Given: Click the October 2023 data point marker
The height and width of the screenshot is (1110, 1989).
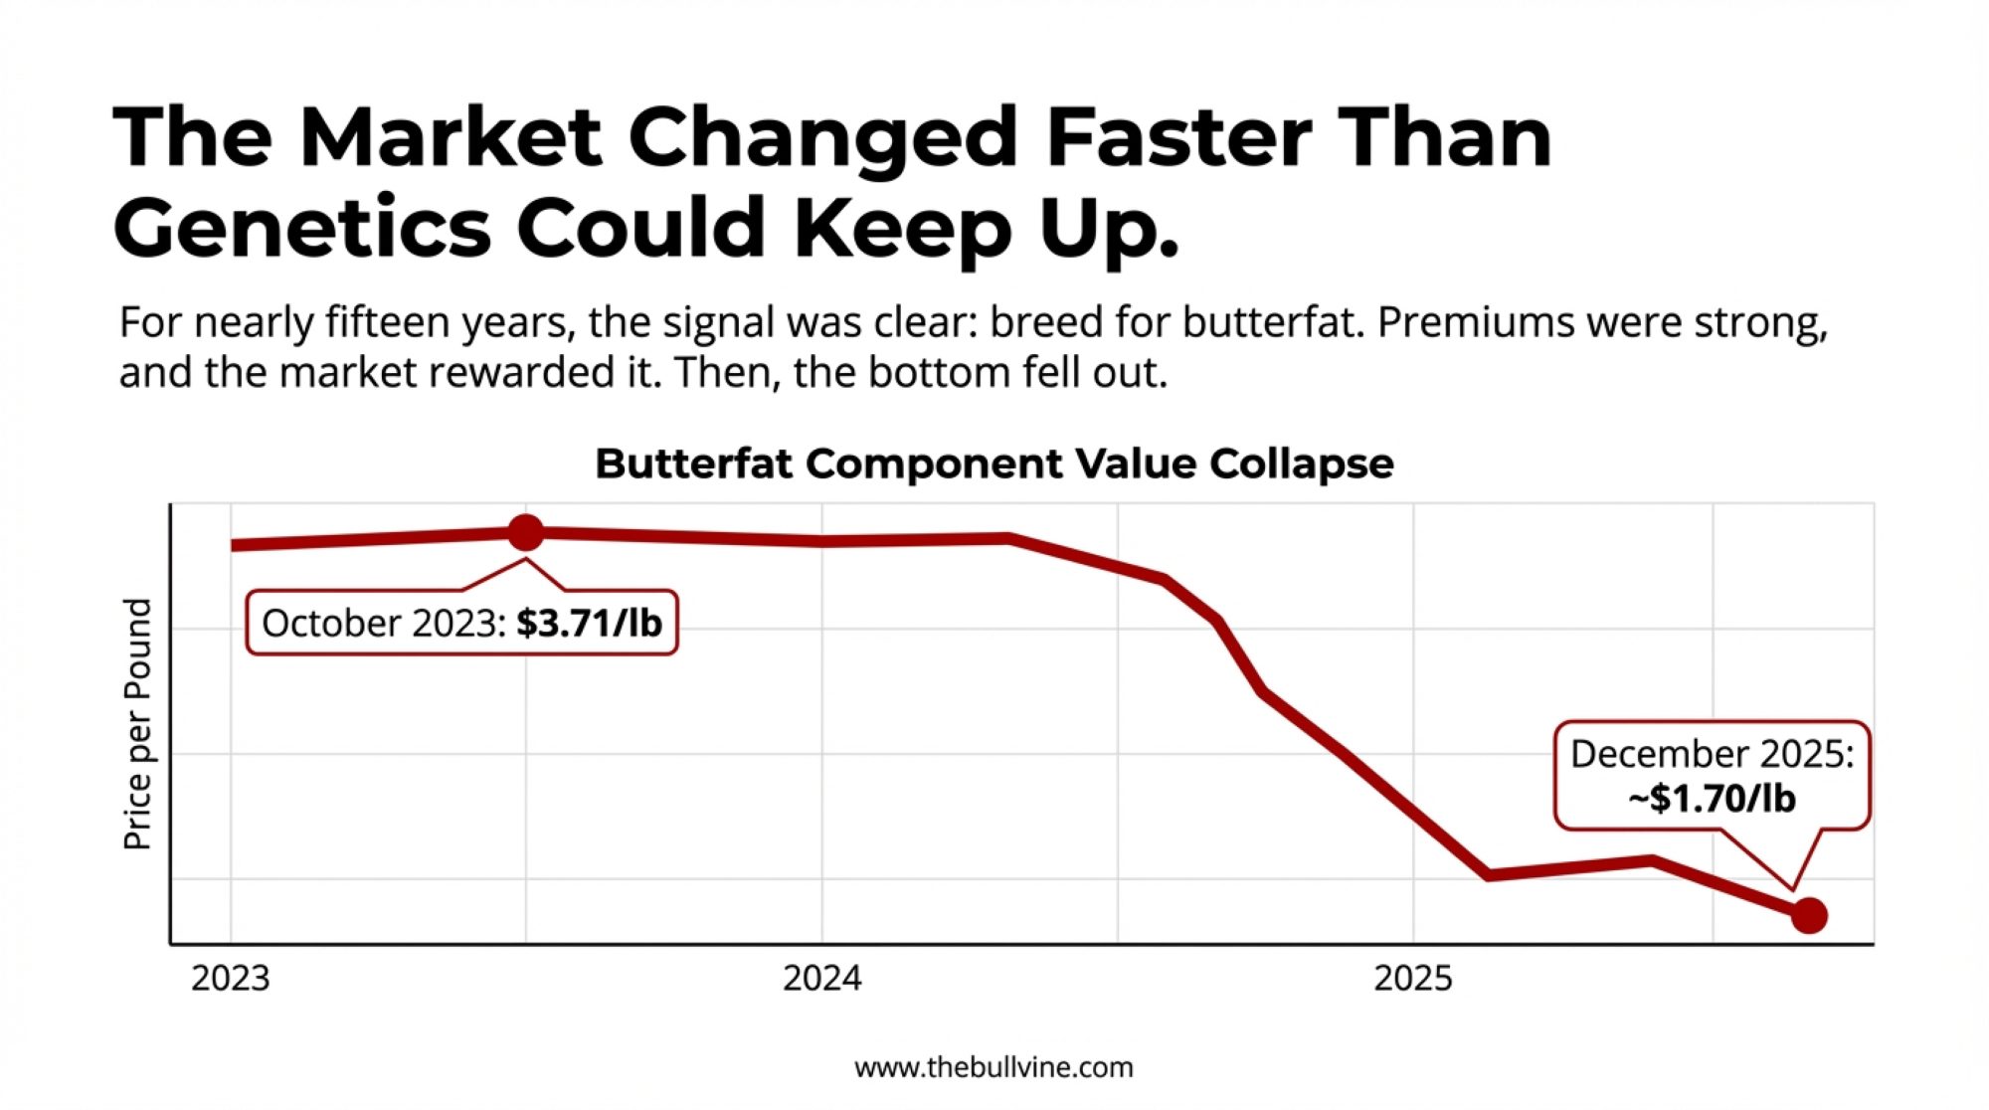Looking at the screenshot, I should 525,533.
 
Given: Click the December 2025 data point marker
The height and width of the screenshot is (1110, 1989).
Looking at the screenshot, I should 1809,915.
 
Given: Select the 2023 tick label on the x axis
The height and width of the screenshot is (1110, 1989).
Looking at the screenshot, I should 230,979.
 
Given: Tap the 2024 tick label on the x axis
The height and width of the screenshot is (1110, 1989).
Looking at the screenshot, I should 821,979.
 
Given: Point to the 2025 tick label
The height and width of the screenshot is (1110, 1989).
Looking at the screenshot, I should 1412,979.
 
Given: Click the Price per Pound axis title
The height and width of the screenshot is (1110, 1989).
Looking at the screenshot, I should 137,724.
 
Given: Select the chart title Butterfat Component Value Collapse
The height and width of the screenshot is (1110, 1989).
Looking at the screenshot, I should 994,463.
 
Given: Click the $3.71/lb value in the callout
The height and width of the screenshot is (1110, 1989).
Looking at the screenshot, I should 589,624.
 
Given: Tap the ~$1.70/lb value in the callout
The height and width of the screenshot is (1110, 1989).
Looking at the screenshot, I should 1712,799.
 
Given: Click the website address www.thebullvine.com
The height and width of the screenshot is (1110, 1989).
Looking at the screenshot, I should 994,1068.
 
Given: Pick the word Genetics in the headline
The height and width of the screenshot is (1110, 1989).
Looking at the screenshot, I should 302,229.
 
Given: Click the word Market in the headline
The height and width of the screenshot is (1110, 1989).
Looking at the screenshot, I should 450,136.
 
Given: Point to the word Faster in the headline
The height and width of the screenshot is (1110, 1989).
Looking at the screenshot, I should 1178,136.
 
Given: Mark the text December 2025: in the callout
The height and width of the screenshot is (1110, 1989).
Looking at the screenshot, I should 1712,754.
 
